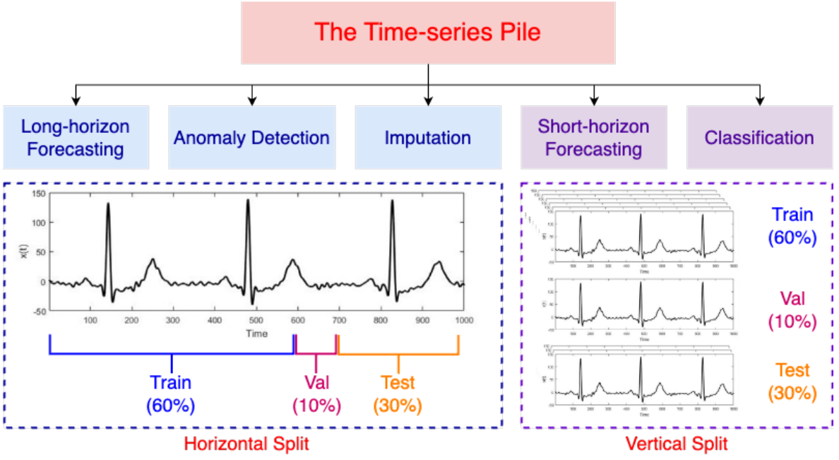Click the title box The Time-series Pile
(x=428, y=33)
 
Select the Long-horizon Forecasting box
(x=76, y=137)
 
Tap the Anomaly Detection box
(x=252, y=137)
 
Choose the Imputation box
(x=428, y=137)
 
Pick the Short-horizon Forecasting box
(x=594, y=137)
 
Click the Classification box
(x=760, y=137)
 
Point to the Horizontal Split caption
(x=246, y=444)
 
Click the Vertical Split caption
(x=677, y=444)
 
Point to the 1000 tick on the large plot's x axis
(x=463, y=320)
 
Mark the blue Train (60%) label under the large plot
(x=170, y=394)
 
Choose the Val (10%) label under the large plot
(x=317, y=394)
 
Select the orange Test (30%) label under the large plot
(x=398, y=394)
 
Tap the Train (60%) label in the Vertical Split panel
(x=792, y=225)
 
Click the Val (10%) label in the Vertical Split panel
(x=792, y=309)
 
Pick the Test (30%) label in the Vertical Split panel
(x=792, y=381)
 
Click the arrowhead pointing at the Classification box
(x=760, y=100)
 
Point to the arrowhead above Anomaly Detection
(x=252, y=100)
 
